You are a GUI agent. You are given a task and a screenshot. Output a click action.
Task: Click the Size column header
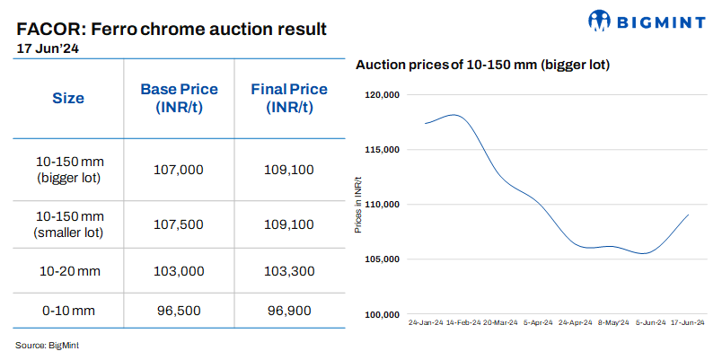pos(68,98)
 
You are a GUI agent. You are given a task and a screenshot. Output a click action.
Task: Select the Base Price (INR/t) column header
pos(179,98)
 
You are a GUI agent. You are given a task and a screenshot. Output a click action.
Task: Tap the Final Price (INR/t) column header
pos(289,98)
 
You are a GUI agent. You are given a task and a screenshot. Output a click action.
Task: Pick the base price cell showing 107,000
pos(179,169)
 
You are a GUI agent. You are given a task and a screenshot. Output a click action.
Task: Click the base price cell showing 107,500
pos(179,225)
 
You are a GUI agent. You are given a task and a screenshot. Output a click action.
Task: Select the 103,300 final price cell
pos(289,270)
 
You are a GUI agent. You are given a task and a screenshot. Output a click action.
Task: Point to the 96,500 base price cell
pos(179,310)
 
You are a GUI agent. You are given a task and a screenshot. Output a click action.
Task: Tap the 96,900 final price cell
pos(289,310)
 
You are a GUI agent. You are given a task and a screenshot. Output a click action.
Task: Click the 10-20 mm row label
pos(68,270)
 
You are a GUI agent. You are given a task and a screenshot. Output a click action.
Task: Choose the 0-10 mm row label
pos(68,310)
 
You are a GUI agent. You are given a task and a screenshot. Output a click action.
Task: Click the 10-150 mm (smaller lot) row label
pos(68,225)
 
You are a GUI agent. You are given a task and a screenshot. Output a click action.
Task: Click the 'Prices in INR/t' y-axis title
pos(357,205)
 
